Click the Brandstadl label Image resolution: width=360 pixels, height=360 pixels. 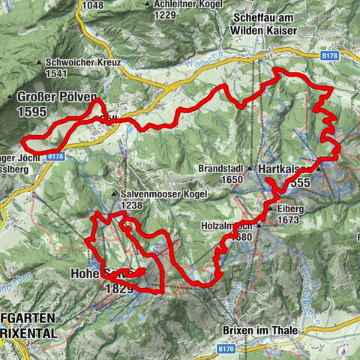[222, 169]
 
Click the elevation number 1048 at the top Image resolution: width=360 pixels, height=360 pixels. [93, 4]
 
